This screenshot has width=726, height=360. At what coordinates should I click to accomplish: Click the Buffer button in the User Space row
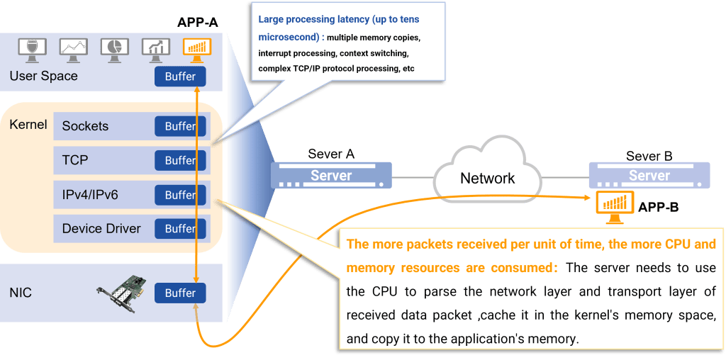coord(180,77)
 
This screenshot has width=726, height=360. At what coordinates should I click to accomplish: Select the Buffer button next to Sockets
coord(180,126)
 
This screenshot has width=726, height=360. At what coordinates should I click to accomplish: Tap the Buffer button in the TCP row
coord(180,161)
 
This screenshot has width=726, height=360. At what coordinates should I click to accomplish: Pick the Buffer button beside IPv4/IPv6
coord(180,195)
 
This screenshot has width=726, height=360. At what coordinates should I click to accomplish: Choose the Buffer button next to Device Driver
coord(180,229)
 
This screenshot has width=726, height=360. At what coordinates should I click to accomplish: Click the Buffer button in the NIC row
coord(180,293)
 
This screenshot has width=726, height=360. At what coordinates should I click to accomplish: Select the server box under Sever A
coord(331,175)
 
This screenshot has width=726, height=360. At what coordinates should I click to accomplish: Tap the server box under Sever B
coord(649,175)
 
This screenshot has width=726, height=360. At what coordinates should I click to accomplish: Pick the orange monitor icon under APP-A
coord(197,47)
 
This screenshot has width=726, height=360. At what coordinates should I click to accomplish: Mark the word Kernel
coord(28,125)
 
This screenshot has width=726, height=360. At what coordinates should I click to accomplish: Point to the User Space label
coord(44,76)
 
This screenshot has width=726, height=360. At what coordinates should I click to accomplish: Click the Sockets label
coord(85,126)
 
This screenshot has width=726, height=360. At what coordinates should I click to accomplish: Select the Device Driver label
coord(101,229)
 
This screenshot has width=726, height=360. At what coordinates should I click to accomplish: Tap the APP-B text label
coord(659,208)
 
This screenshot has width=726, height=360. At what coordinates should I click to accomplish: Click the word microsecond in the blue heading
coord(287,37)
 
